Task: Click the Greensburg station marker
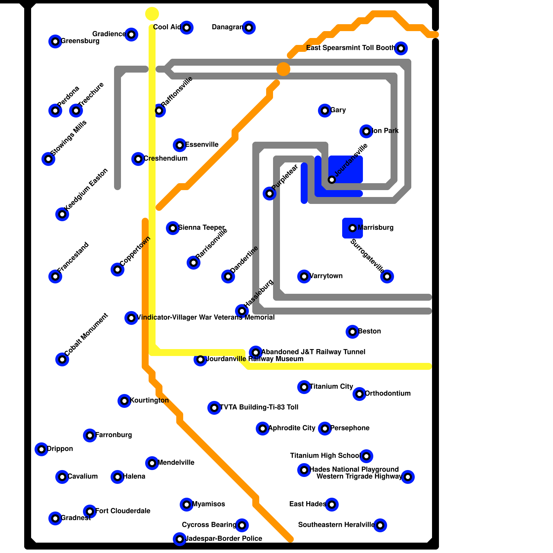(x=55, y=41)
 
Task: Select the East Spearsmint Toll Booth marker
(x=401, y=48)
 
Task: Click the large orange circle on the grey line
(x=283, y=69)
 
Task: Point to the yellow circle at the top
(x=152, y=14)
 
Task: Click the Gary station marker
(x=325, y=111)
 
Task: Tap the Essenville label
(x=202, y=144)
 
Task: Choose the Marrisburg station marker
(x=353, y=228)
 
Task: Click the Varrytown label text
(x=326, y=276)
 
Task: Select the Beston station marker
(x=353, y=332)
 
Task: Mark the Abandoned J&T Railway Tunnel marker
(x=256, y=353)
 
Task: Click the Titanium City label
(x=331, y=386)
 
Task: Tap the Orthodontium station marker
(x=359, y=394)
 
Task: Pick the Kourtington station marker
(x=124, y=401)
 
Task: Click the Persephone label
(x=350, y=428)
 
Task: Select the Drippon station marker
(x=41, y=449)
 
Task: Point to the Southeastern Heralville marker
(x=380, y=525)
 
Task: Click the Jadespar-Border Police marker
(x=180, y=539)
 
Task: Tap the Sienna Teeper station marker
(x=173, y=228)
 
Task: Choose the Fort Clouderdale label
(x=123, y=511)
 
